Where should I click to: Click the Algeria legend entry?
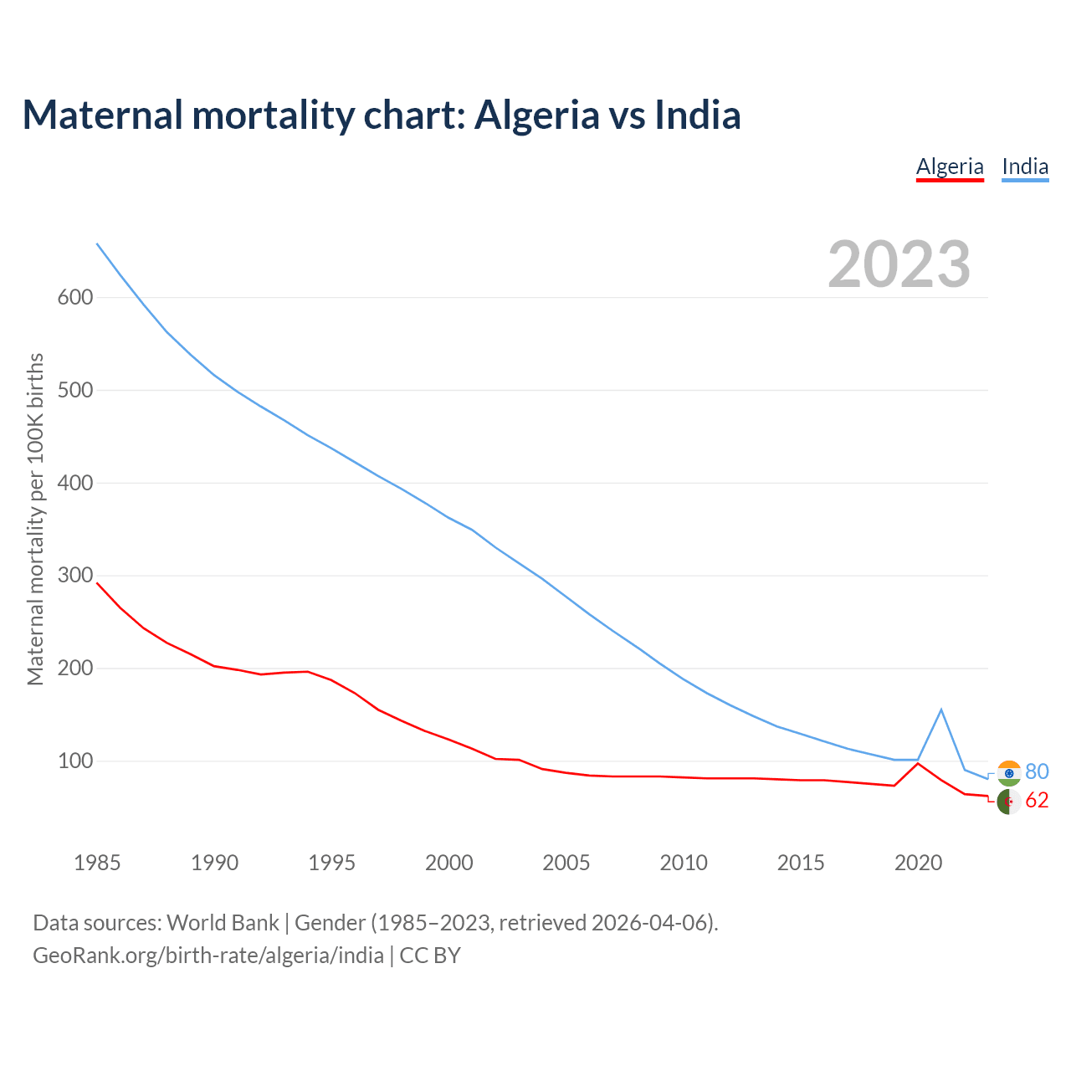pyautogui.click(x=950, y=167)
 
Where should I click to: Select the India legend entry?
pyautogui.click(x=1025, y=167)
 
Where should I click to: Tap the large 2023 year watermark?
pyautogui.click(x=899, y=264)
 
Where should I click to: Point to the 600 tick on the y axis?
pyautogui.click(x=75, y=297)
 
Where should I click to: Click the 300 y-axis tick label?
pyautogui.click(x=75, y=576)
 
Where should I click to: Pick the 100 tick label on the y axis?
pyautogui.click(x=75, y=761)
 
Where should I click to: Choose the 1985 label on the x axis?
pyautogui.click(x=97, y=863)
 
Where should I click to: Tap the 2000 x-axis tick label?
pyautogui.click(x=449, y=863)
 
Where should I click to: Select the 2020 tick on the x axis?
pyautogui.click(x=919, y=863)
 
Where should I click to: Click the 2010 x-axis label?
pyautogui.click(x=684, y=863)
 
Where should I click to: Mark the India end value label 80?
pyautogui.click(x=1037, y=771)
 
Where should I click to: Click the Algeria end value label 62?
pyautogui.click(x=1037, y=801)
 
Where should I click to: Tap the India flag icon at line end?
pyautogui.click(x=1009, y=772)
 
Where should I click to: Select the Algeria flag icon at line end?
pyautogui.click(x=1009, y=802)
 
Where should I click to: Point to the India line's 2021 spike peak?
pyautogui.click(x=941, y=710)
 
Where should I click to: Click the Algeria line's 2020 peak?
pyautogui.click(x=918, y=763)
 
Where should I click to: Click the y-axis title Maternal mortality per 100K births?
pyautogui.click(x=35, y=519)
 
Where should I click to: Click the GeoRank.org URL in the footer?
pyautogui.click(x=208, y=955)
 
